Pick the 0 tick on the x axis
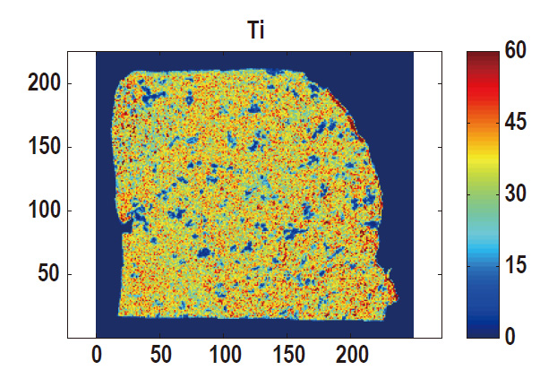tap(96, 355)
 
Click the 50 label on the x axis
tap(160, 355)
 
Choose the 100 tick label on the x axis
tap(224, 355)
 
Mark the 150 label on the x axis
tap(288, 355)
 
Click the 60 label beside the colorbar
tap(516, 52)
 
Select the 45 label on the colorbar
tap(516, 123)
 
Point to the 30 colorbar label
tap(516, 194)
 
